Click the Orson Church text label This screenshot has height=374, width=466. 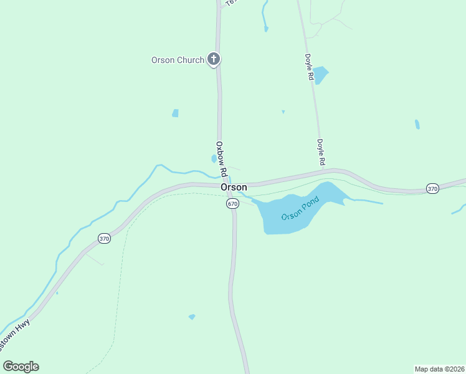tap(178, 60)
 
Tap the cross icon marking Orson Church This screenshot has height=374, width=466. tap(214, 60)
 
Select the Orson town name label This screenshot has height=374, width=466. tap(234, 187)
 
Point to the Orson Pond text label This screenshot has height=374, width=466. tap(300, 208)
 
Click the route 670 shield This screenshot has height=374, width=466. tap(232, 204)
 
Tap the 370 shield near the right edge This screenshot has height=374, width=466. tap(432, 188)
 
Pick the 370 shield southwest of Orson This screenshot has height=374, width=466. tap(104, 238)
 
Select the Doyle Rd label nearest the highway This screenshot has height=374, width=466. tap(321, 152)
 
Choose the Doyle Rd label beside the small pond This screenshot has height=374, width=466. tap(309, 67)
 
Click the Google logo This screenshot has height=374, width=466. tap(21, 367)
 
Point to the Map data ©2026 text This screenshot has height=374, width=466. tap(439, 369)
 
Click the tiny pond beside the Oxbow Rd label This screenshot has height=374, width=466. tap(214, 159)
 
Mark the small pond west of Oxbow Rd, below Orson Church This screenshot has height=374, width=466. tap(176, 113)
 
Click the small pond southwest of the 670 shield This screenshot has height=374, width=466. tap(192, 317)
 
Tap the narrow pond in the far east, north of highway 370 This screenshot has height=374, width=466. tap(417, 124)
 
